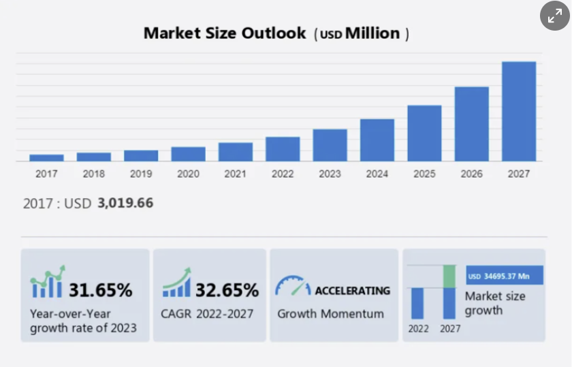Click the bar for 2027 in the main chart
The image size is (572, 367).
[x=519, y=111]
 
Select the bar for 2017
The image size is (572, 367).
[x=46, y=157]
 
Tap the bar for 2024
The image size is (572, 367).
[x=377, y=140]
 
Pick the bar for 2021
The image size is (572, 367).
[x=236, y=151]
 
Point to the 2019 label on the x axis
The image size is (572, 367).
[x=141, y=174]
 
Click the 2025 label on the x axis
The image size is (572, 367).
[x=424, y=174]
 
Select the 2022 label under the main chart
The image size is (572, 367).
[x=283, y=174]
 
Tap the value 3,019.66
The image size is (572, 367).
[x=125, y=203]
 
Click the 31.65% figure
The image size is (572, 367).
[x=100, y=290]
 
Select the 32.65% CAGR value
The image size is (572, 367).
[x=227, y=290]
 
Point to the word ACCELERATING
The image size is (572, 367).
[x=352, y=291]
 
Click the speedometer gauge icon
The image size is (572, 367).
[x=292, y=286]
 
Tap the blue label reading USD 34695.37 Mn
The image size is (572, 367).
[x=505, y=276]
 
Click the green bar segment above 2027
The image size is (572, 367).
[x=449, y=276]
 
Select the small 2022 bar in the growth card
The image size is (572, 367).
[x=417, y=303]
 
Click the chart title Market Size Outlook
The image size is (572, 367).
[x=225, y=33]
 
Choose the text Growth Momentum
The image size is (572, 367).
[x=330, y=314]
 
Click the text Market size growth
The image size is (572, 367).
[x=495, y=303]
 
